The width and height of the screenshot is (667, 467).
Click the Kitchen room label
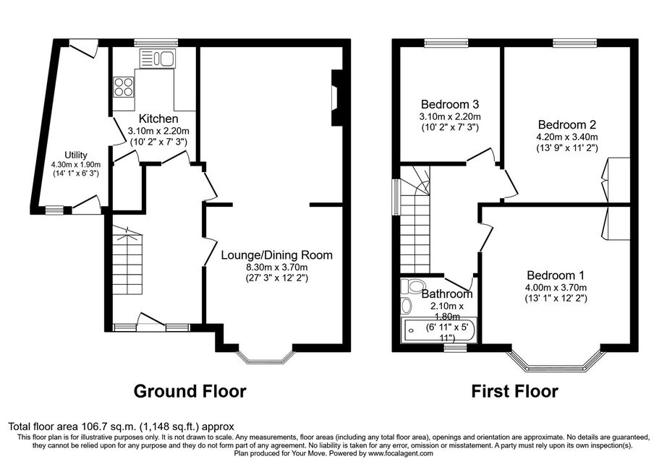(x=158, y=119)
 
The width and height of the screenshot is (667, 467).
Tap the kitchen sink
(x=158, y=59)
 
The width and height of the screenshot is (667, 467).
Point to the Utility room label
(x=76, y=155)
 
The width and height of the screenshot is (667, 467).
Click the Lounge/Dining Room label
(x=277, y=255)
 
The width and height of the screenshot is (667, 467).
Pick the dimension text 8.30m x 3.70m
(x=277, y=267)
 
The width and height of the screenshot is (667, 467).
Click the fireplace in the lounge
(x=336, y=98)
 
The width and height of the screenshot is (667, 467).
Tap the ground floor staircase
(x=127, y=260)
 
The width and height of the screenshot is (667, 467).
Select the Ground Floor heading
(x=190, y=391)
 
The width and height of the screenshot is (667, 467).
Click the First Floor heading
(x=514, y=391)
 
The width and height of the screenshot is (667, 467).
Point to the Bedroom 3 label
(x=450, y=104)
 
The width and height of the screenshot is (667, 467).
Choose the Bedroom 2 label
(x=567, y=124)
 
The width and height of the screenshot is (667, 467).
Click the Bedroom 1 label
(x=556, y=275)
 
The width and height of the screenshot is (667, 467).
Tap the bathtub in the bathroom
(x=439, y=330)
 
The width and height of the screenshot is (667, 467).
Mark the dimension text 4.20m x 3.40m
(x=567, y=137)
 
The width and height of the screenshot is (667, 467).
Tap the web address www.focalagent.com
(x=401, y=453)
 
